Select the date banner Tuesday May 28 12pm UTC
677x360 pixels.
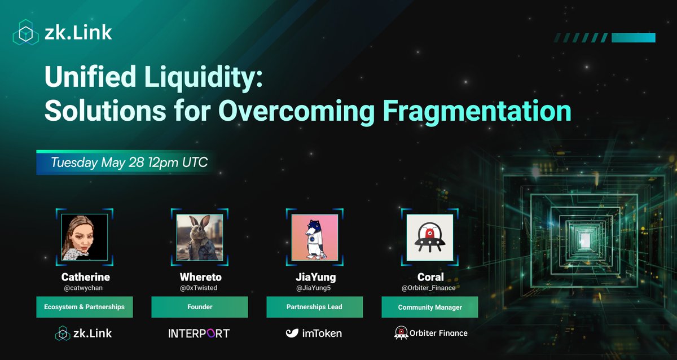(129, 163)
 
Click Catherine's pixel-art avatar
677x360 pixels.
(85, 237)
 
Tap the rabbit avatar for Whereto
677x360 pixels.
(200, 237)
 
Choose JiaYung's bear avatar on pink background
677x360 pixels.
(315, 237)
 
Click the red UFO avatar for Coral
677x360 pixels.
(430, 237)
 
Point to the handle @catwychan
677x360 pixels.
(85, 288)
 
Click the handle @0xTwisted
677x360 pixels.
(200, 288)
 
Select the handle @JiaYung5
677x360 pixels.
(315, 288)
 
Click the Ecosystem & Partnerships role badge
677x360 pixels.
(85, 307)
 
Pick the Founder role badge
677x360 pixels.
(200, 307)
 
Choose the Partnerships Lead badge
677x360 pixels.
(315, 307)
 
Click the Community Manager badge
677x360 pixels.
(430, 307)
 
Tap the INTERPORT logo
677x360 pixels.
(199, 333)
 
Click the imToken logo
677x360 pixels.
(314, 333)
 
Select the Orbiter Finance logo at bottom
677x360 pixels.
(430, 333)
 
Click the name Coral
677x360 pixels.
(430, 277)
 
